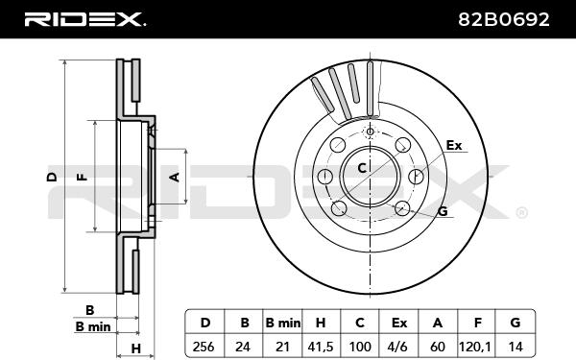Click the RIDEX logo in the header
point(84,19)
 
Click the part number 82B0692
point(504,19)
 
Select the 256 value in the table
point(204,346)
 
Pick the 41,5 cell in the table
point(320,347)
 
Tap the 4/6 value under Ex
point(398,347)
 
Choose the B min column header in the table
point(283,323)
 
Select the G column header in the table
point(516,323)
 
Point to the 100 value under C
point(359,347)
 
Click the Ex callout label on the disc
point(454,146)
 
